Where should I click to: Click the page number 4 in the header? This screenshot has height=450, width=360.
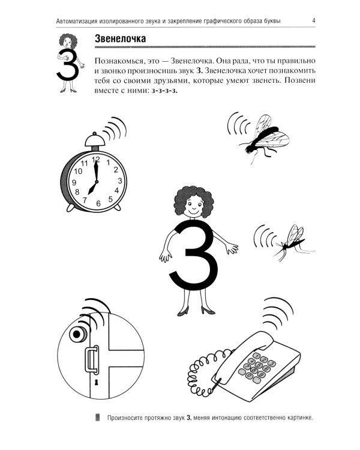[x=314, y=22]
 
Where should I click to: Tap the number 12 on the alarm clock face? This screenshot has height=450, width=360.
[x=95, y=159]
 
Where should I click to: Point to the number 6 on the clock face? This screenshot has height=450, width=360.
[x=97, y=203]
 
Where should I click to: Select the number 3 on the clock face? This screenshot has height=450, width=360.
[x=119, y=181]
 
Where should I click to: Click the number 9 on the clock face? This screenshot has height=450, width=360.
[x=74, y=182]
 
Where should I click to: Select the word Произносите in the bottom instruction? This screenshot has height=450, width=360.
[x=128, y=418]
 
